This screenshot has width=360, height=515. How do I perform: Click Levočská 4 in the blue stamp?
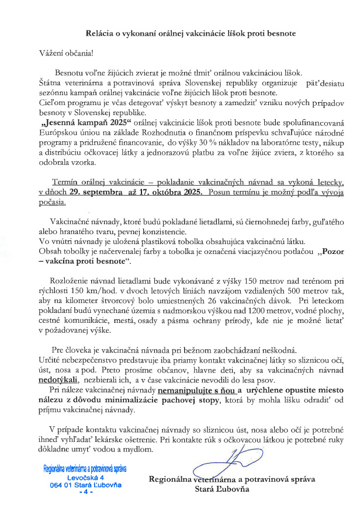tap(86, 478)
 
